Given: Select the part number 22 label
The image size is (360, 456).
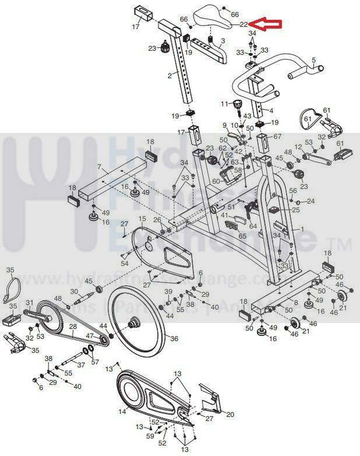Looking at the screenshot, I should coord(244,25).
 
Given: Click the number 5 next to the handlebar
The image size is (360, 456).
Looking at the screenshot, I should coord(313,60).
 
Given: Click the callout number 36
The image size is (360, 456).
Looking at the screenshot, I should coord(174,338).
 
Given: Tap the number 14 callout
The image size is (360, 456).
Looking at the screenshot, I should coord(123,412).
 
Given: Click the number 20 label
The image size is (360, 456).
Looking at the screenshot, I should coord(230,415).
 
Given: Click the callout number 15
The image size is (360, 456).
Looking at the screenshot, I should coord(142,218).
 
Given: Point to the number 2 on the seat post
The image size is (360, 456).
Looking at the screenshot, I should coord(170,76).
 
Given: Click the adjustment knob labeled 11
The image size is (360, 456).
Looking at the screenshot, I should coord(238,105).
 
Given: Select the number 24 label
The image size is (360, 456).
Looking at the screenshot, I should coord(310,201).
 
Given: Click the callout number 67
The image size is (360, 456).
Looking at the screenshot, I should coord(278,137).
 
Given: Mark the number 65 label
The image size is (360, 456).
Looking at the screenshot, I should coord(242,237).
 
